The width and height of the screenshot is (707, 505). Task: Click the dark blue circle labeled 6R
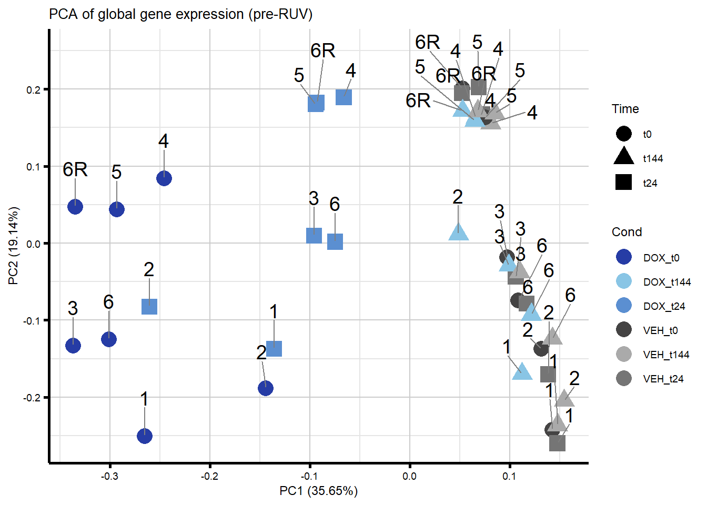pyautogui.click(x=75, y=207)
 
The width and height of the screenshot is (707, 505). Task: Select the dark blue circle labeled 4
pyautogui.click(x=164, y=178)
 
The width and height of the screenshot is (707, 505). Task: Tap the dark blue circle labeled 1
pyautogui.click(x=145, y=436)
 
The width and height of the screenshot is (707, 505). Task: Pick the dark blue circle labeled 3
pyautogui.click(x=73, y=346)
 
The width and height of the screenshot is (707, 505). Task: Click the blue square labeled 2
pyautogui.click(x=149, y=307)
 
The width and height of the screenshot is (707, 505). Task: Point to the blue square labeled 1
pyautogui.click(x=274, y=349)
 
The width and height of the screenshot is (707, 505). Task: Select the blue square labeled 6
pyautogui.click(x=335, y=242)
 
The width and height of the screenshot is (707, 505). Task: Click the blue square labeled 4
pyautogui.click(x=344, y=97)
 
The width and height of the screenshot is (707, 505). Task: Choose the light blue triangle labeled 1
pyautogui.click(x=522, y=372)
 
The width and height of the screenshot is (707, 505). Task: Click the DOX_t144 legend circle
pyautogui.click(x=623, y=281)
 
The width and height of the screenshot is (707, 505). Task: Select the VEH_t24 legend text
pyautogui.click(x=663, y=379)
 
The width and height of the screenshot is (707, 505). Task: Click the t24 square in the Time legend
pyautogui.click(x=623, y=183)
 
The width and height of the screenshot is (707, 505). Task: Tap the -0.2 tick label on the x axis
pyautogui.click(x=209, y=476)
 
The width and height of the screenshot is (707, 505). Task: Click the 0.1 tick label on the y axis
pyautogui.click(x=33, y=167)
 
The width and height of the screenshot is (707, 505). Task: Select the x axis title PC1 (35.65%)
pyautogui.click(x=318, y=491)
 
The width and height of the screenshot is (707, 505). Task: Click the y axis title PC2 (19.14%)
pyautogui.click(x=14, y=246)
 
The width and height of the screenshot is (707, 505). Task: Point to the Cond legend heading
pyautogui.click(x=627, y=232)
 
